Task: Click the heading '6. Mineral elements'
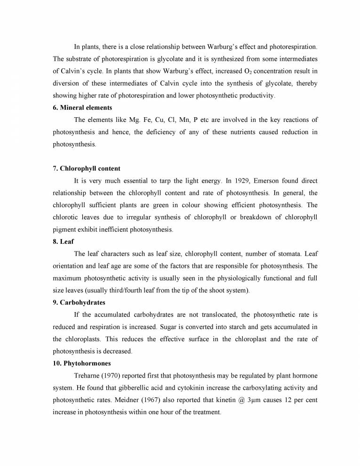pyautogui.click(x=82, y=108)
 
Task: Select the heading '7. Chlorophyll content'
pyautogui.click(x=87, y=169)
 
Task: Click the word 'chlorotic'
pyautogui.click(x=66, y=217)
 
